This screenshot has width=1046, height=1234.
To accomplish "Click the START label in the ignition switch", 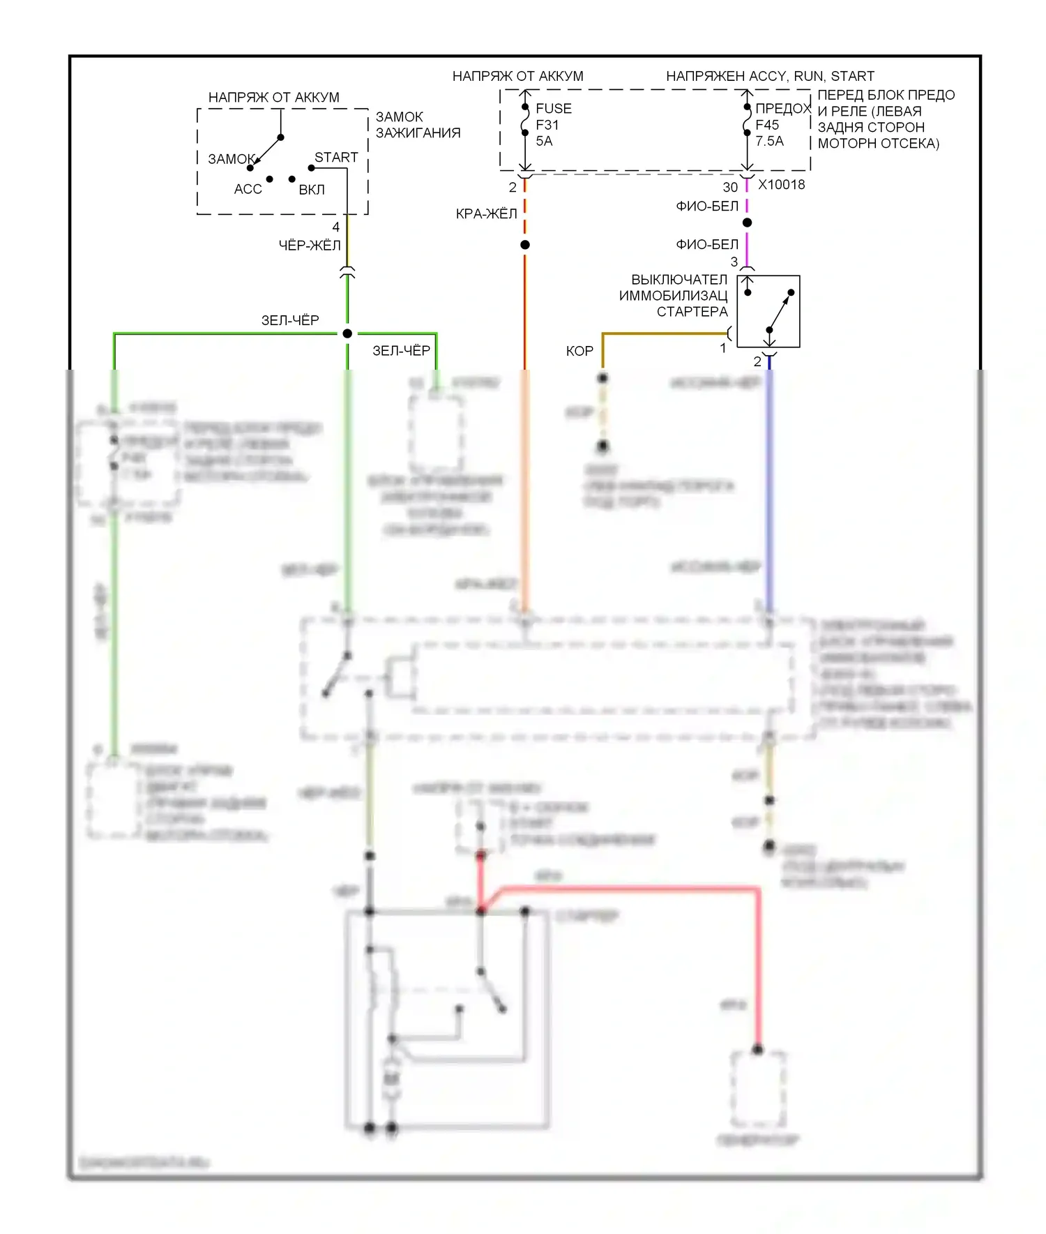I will click(x=336, y=158).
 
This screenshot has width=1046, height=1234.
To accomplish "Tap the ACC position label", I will click(x=248, y=189).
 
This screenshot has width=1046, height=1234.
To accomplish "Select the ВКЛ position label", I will click(x=312, y=190).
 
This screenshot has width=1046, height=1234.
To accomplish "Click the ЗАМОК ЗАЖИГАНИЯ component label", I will click(x=418, y=125).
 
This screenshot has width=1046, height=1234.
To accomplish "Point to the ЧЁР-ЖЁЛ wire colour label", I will click(x=310, y=246).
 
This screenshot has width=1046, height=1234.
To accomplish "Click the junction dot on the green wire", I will click(x=347, y=333).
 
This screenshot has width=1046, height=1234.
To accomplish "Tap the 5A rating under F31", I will click(x=544, y=141).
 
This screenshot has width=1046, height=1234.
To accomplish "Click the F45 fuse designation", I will click(x=767, y=125).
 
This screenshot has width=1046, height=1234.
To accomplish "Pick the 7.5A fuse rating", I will click(x=769, y=141).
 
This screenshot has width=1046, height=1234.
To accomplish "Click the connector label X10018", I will click(x=781, y=185).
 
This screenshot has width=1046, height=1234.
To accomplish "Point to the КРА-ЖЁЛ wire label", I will click(x=486, y=214).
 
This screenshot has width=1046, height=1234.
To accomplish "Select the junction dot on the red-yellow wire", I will click(x=525, y=245).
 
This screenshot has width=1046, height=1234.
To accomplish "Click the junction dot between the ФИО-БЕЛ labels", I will click(x=747, y=223).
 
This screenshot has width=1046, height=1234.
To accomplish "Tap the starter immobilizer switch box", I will click(x=768, y=311).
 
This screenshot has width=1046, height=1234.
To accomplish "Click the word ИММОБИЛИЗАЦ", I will click(x=673, y=296).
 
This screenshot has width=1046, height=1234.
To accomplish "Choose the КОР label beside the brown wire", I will click(x=579, y=351).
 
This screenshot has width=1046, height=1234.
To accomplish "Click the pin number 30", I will click(x=729, y=187).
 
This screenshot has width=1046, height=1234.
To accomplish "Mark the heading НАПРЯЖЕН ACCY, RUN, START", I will click(x=770, y=76).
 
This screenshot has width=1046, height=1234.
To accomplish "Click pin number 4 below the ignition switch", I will click(x=335, y=227).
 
